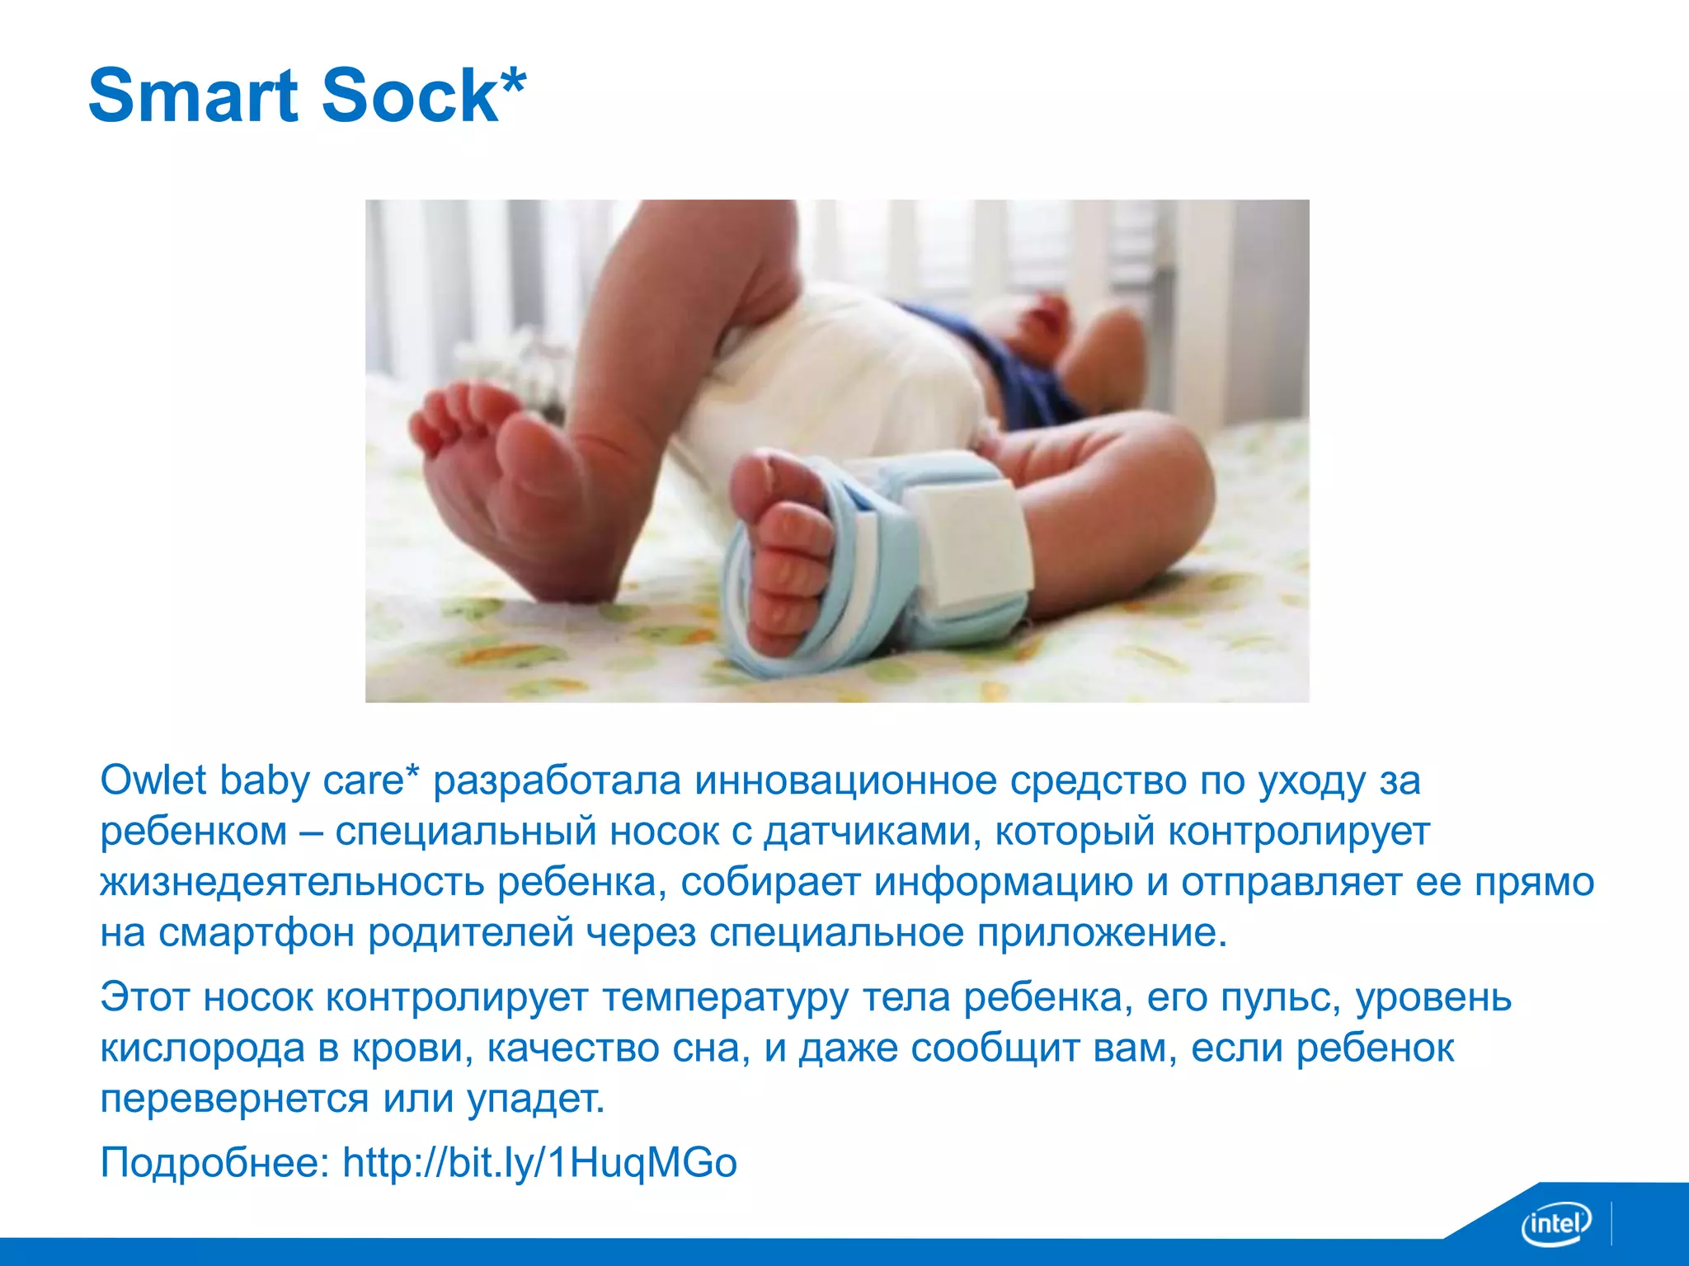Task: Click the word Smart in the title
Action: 192,96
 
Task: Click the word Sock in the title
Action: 410,96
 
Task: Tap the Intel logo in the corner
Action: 1555,1223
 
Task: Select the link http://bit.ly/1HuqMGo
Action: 539,1163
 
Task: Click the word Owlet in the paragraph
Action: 153,780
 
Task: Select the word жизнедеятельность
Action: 292,882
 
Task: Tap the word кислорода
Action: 203,1048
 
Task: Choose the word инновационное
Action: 845,780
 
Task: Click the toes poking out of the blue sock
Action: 788,560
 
